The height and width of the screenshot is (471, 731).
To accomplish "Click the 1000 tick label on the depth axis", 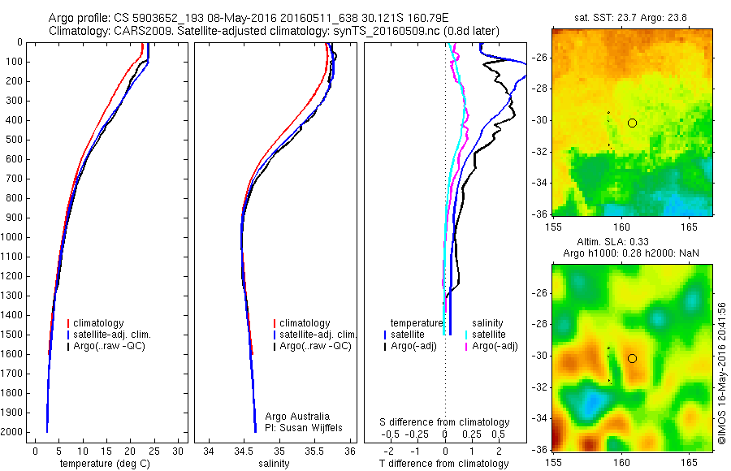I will (x=13, y=237).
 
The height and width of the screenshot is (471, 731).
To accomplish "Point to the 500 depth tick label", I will (x=15, y=140).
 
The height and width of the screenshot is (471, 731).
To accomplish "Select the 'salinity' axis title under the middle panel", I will (x=273, y=464).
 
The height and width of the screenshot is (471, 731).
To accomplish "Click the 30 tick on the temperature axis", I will (x=179, y=450).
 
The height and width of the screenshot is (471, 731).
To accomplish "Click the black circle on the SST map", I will (x=632, y=123).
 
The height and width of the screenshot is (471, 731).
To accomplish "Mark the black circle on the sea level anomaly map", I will (x=632, y=358).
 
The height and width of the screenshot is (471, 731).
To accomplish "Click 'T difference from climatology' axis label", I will (x=443, y=464).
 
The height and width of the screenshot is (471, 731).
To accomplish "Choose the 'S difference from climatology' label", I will (x=444, y=422).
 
